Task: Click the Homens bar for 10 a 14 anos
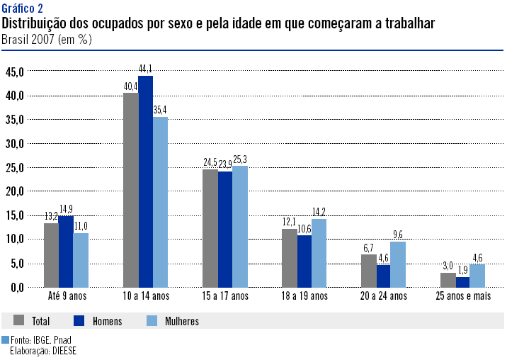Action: point(145,181)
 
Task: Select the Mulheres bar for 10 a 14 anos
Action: point(160,201)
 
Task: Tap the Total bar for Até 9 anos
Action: point(51,255)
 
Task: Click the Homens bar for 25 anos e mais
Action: point(462,282)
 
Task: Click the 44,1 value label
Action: point(145,69)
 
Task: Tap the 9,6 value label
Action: point(398,235)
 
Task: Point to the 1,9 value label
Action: point(462,270)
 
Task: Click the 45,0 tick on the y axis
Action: point(15,72)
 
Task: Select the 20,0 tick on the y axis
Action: point(15,191)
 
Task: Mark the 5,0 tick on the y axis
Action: point(17,264)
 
